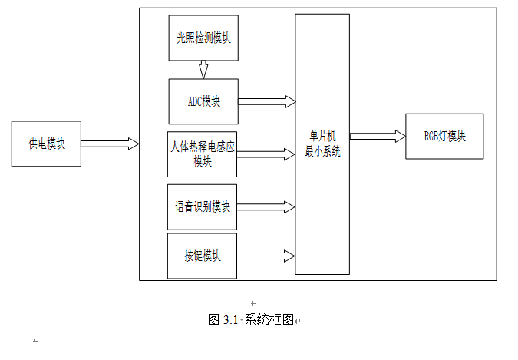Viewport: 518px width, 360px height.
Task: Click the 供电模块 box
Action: (x=46, y=144)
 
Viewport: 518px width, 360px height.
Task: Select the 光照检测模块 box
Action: (x=203, y=38)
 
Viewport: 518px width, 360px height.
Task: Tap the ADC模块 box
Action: (x=203, y=101)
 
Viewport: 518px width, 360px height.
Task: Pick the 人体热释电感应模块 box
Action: (x=203, y=154)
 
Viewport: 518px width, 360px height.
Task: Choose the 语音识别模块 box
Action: (x=203, y=206)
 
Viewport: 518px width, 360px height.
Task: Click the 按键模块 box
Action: (x=203, y=256)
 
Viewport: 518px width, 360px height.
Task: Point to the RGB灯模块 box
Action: (x=444, y=136)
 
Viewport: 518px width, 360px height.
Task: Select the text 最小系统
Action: (x=322, y=152)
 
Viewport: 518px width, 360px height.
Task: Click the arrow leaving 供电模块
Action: (x=110, y=144)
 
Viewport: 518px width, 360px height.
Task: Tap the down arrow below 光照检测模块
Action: (x=203, y=70)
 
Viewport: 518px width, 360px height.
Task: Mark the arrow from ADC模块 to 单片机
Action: (x=267, y=101)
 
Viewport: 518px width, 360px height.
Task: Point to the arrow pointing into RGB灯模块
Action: (x=378, y=136)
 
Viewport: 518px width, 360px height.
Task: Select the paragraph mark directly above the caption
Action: (x=254, y=302)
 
